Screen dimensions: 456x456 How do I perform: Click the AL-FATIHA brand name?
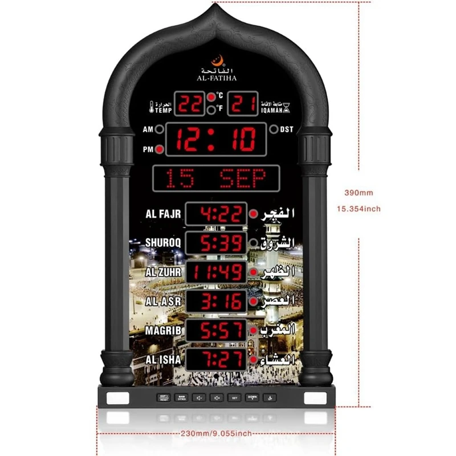(x=215, y=78)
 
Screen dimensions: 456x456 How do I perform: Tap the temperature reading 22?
(x=190, y=104)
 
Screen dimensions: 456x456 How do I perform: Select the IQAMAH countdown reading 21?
(x=242, y=104)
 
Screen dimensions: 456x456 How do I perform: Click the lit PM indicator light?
(x=160, y=150)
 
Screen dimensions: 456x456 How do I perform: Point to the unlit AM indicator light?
(x=160, y=129)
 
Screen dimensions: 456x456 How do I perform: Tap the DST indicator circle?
(x=274, y=129)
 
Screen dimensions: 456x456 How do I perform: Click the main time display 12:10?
(x=215, y=140)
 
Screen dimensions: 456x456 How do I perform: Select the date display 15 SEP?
(x=215, y=178)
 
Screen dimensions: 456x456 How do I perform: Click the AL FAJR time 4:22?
(x=216, y=214)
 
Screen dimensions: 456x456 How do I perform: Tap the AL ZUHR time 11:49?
(x=216, y=272)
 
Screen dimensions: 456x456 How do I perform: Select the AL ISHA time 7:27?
(x=216, y=360)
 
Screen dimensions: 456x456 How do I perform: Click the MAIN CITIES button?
(x=181, y=397)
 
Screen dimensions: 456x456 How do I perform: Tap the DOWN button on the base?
(x=252, y=397)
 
